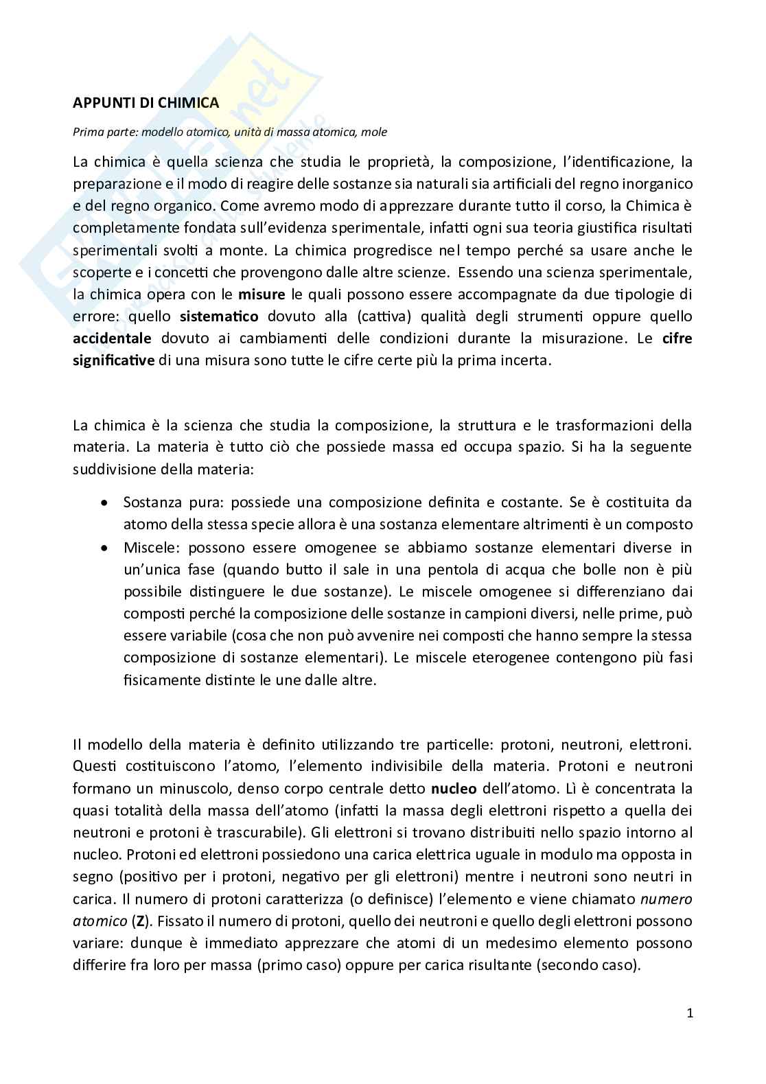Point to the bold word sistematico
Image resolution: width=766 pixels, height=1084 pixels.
(x=219, y=316)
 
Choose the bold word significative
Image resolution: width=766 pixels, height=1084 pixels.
(x=114, y=360)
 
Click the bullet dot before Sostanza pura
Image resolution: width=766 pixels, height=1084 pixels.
(x=104, y=503)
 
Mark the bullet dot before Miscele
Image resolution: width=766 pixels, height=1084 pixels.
(x=104, y=547)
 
